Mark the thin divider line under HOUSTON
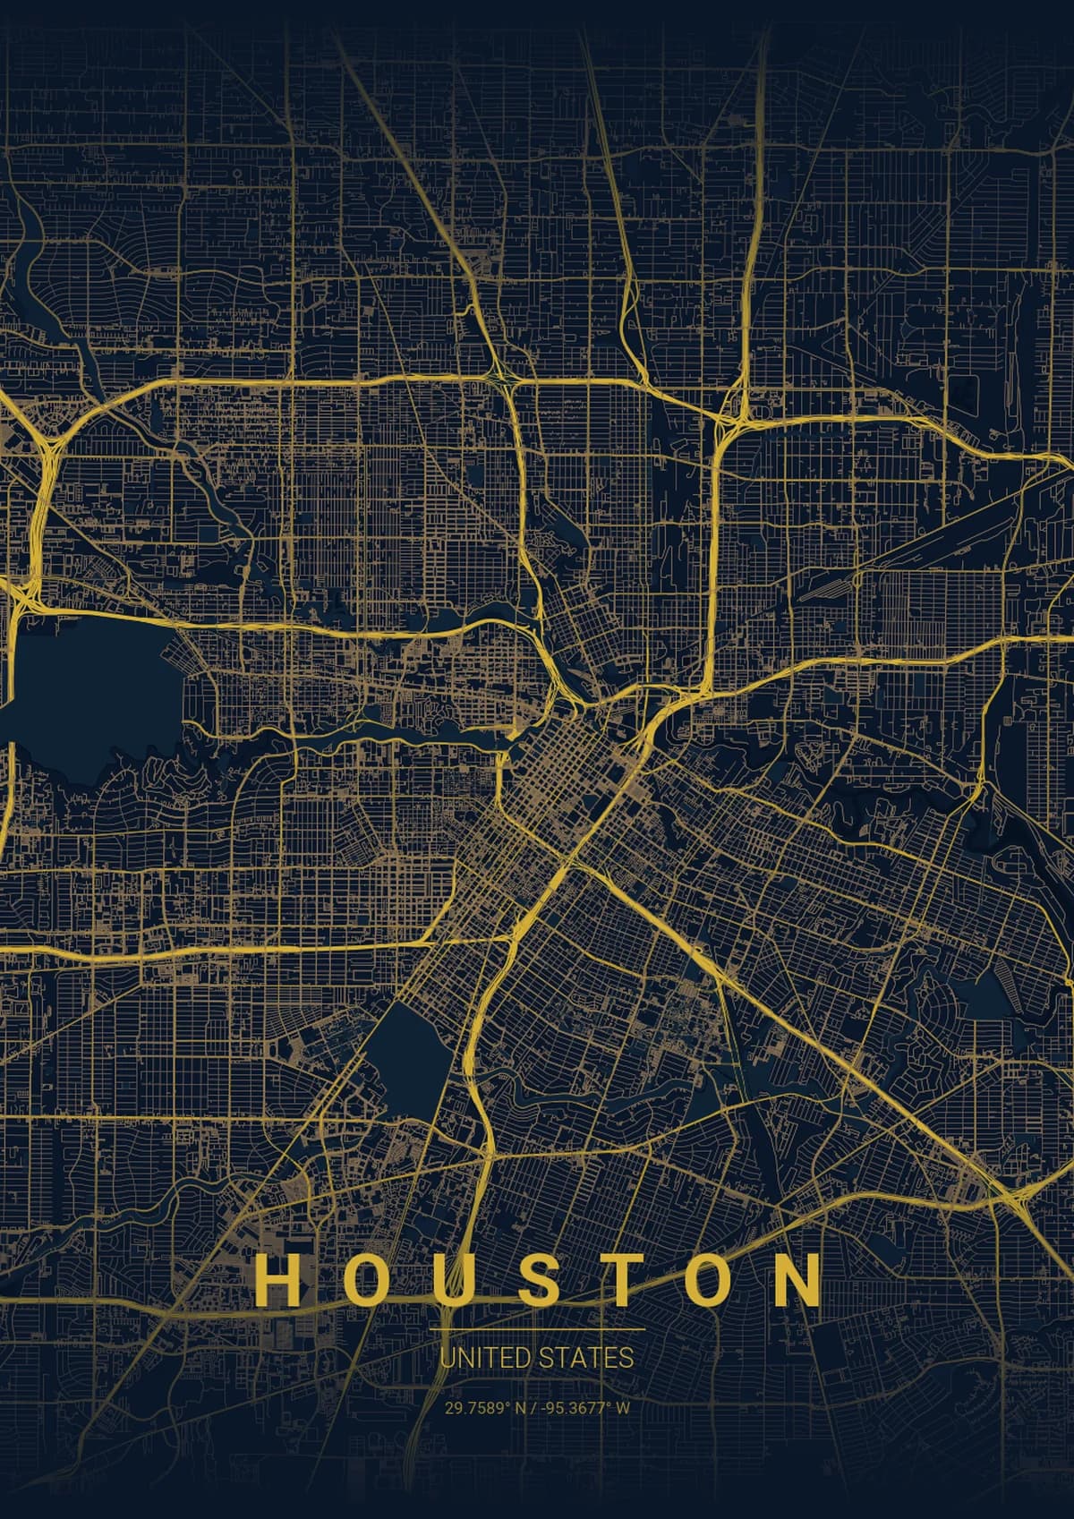pyautogui.click(x=537, y=1330)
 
